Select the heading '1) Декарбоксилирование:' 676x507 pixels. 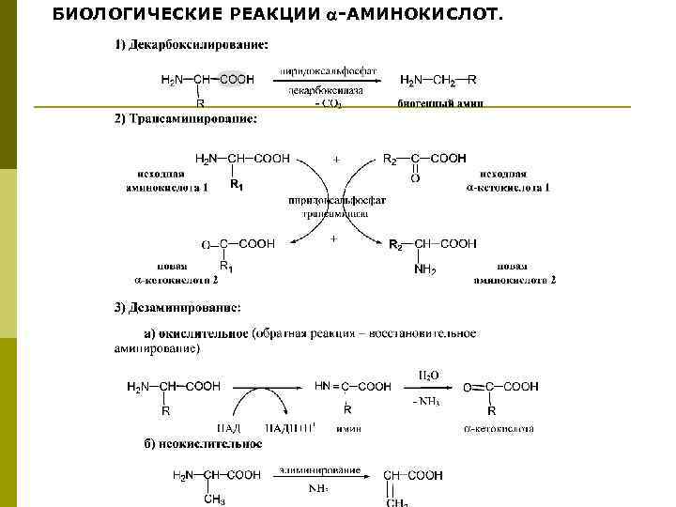191,45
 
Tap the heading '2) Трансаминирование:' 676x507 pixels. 185,119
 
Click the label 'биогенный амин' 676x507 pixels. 439,103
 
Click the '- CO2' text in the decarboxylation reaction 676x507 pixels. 328,103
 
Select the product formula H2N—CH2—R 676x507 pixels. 438,80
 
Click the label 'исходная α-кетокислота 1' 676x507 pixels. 508,180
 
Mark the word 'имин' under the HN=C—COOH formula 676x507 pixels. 350,428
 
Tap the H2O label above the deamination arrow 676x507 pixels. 425,375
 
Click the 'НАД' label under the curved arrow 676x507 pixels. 215,428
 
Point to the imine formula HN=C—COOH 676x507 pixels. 352,386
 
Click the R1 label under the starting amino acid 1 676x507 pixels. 237,186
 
